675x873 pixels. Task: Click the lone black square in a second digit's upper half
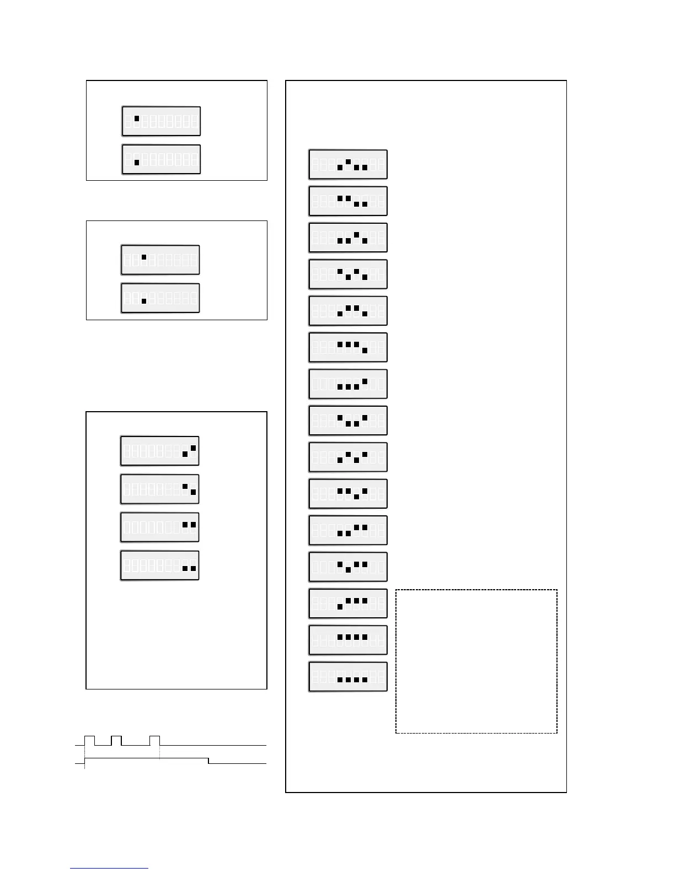coord(137,118)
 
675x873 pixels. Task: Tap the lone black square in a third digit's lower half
coord(144,301)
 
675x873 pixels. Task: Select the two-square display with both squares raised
coord(159,527)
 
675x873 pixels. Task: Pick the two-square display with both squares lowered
coord(159,565)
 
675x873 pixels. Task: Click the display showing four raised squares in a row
coord(348,640)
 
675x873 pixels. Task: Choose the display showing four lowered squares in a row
coord(348,677)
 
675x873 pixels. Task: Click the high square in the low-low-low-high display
coord(365,381)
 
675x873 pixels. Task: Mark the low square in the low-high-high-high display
coord(340,606)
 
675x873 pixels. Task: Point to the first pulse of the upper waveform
coord(89,740)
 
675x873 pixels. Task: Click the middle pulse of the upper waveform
coord(116,740)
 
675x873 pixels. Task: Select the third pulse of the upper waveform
coord(154,740)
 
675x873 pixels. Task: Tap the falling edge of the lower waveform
coord(208,761)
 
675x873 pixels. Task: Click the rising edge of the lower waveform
coord(84,761)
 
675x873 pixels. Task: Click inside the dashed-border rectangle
coord(476,661)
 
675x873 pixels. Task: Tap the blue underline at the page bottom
coord(109,869)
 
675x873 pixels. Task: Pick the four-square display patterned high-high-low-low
coord(348,201)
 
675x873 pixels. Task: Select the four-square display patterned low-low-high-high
coord(348,530)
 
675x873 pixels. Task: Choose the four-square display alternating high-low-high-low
coord(348,274)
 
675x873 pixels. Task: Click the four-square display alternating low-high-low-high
coord(348,457)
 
